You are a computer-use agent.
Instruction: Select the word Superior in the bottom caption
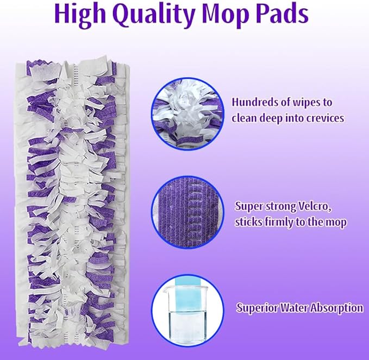click(x=257, y=307)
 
